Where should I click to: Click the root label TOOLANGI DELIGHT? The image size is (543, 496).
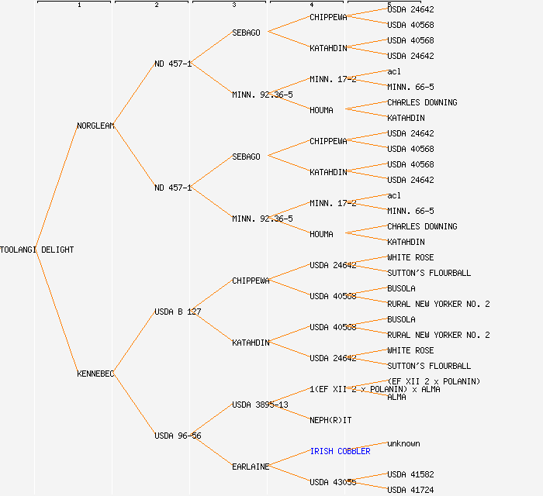click(x=37, y=250)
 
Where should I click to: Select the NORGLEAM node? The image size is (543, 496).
click(x=95, y=126)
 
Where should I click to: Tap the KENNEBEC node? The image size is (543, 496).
click(x=95, y=374)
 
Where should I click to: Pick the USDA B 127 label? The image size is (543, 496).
click(x=178, y=312)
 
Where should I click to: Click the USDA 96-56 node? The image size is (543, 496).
click(x=178, y=436)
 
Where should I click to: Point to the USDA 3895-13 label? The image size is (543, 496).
click(x=260, y=405)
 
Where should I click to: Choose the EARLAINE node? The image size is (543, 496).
click(x=251, y=467)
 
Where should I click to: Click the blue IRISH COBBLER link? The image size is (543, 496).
click(x=340, y=451)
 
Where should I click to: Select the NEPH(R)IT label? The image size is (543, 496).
click(x=330, y=420)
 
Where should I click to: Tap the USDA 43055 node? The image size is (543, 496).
click(x=333, y=482)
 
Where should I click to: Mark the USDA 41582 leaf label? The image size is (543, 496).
click(x=410, y=474)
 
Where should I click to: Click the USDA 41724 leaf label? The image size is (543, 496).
click(x=410, y=490)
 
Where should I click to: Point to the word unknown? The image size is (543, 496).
click(x=403, y=443)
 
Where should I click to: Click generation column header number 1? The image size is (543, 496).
click(x=78, y=5)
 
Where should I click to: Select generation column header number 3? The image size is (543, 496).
click(x=233, y=5)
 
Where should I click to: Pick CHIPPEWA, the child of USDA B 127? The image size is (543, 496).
click(x=251, y=281)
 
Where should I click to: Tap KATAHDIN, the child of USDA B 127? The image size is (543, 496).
click(x=251, y=343)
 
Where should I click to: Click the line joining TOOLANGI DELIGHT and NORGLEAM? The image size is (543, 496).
click(x=57, y=188)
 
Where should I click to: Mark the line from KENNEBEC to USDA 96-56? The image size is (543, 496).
click(x=134, y=405)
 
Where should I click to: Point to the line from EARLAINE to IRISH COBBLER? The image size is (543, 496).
click(x=289, y=459)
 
